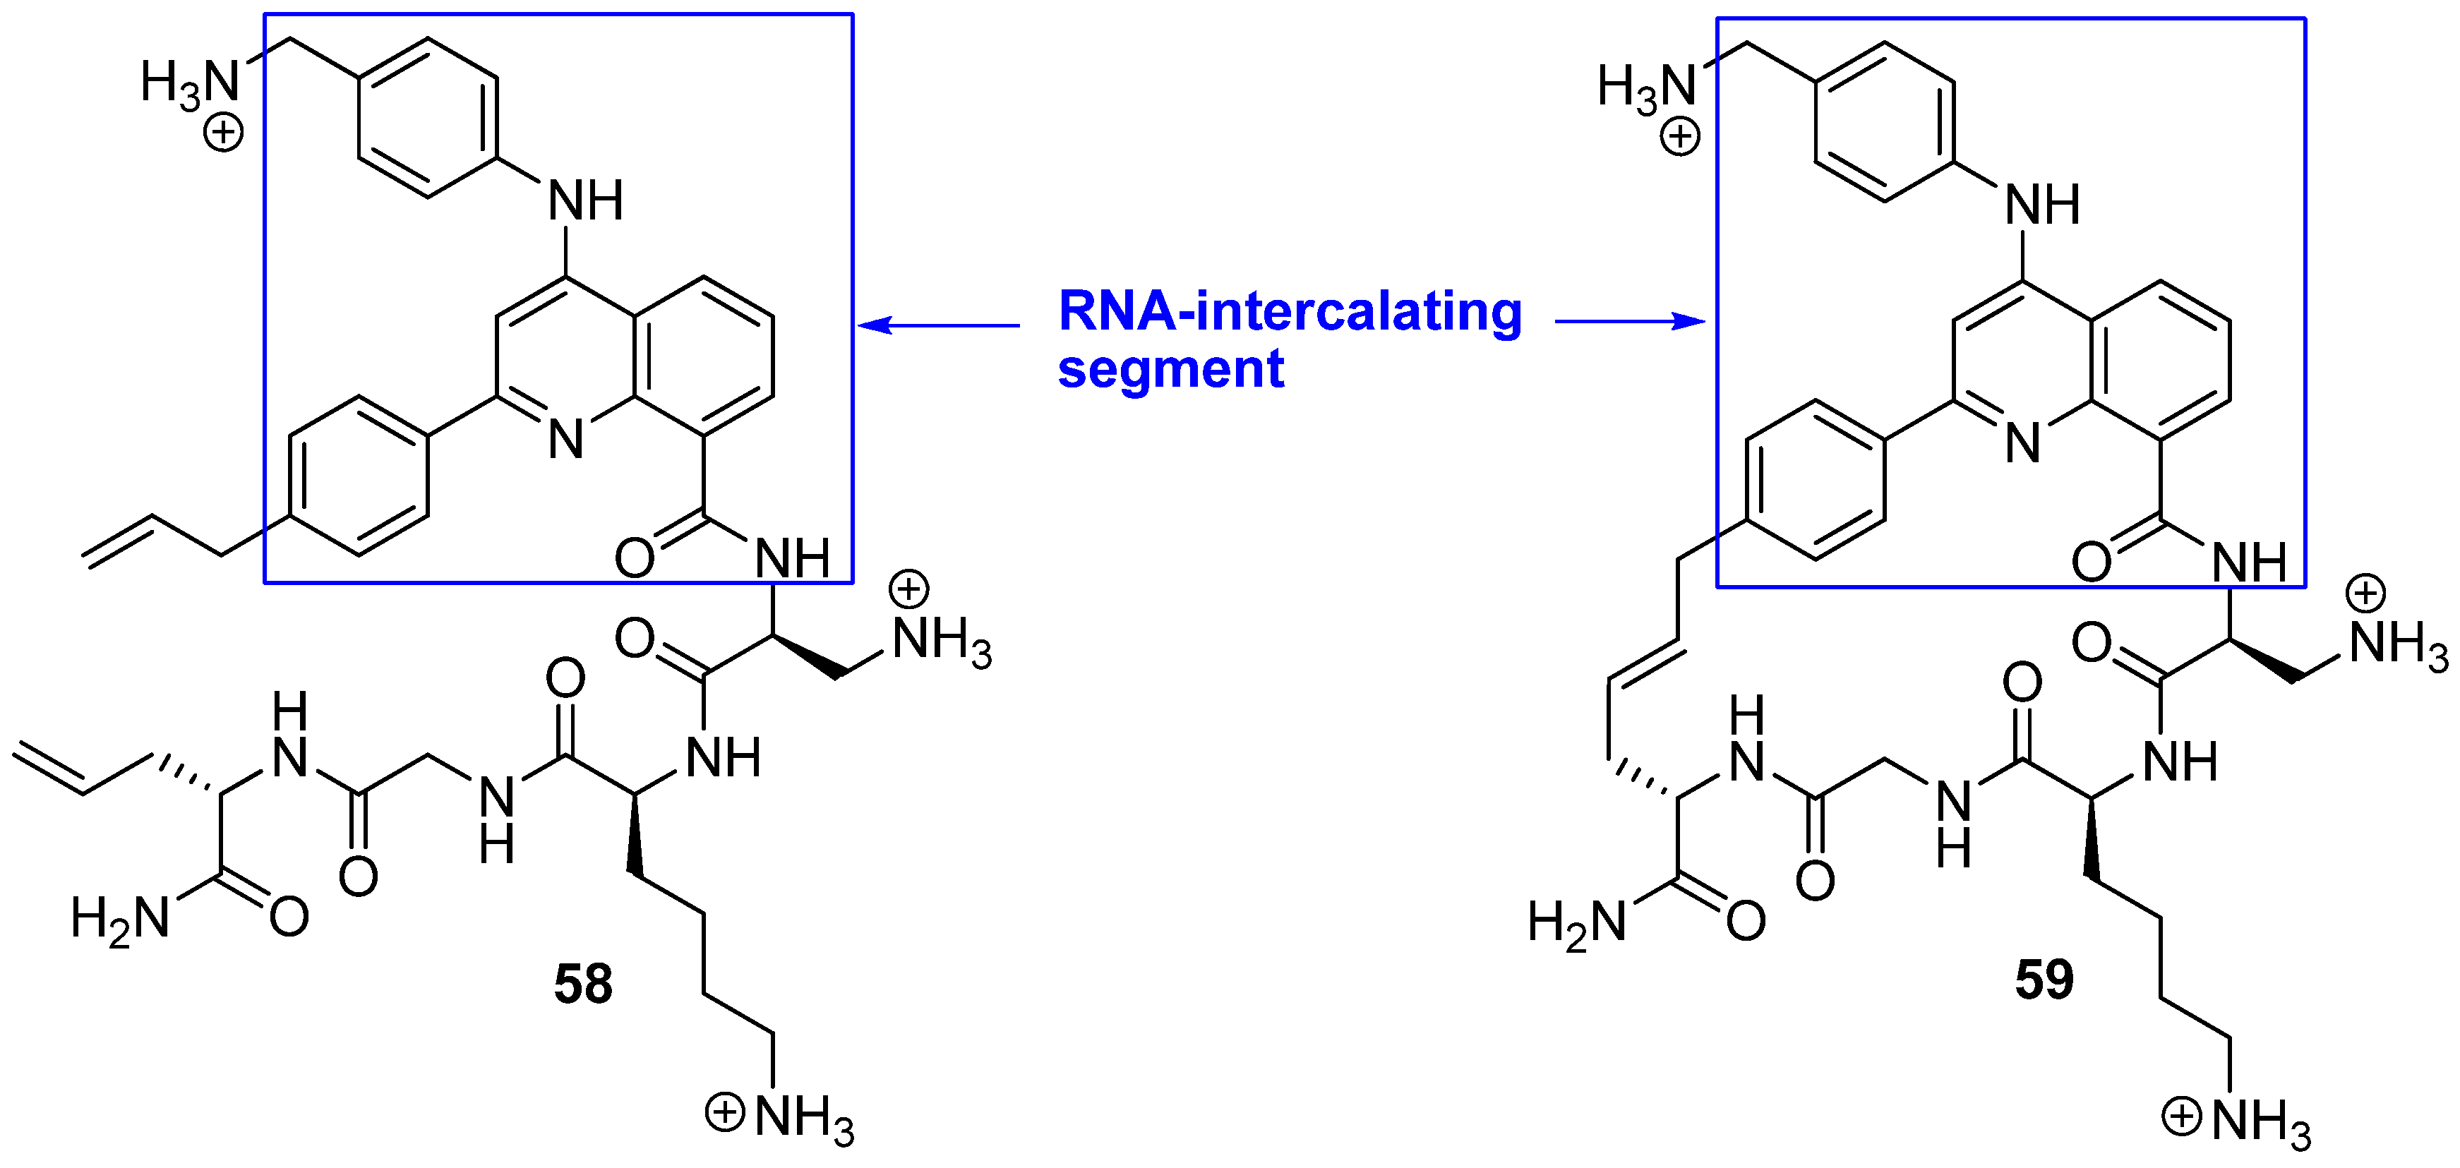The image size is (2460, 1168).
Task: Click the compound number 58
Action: pyautogui.click(x=582, y=984)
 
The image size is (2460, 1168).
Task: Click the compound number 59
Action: pyautogui.click(x=2045, y=979)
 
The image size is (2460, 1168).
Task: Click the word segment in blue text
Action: pyautogui.click(x=1171, y=368)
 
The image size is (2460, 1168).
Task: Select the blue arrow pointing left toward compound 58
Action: pyautogui.click(x=938, y=325)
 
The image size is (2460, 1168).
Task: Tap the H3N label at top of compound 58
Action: pyautogui.click(x=189, y=82)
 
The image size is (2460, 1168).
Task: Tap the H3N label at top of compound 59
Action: pyautogui.click(x=1646, y=87)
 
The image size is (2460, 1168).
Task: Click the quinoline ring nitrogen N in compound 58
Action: pyautogui.click(x=565, y=439)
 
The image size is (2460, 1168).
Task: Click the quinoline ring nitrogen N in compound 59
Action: pyautogui.click(x=2022, y=443)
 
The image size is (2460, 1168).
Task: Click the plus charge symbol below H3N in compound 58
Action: pyautogui.click(x=224, y=132)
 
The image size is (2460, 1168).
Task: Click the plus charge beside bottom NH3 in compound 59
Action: pyautogui.click(x=2182, y=1116)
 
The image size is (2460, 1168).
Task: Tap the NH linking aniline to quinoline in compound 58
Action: pyautogui.click(x=585, y=200)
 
